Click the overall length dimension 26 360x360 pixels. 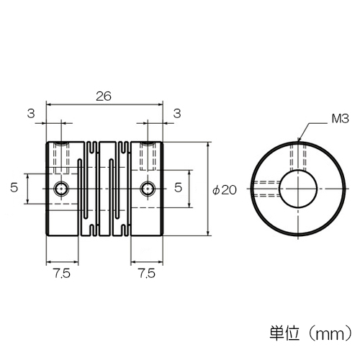(x=104, y=96)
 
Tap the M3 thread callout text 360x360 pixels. (x=340, y=119)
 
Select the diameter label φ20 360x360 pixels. (x=225, y=190)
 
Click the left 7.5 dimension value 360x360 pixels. (x=62, y=274)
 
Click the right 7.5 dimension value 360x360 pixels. (x=147, y=274)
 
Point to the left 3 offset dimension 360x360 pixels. (x=31, y=113)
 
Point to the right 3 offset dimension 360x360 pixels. (x=177, y=113)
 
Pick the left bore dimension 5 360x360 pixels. (x=14, y=187)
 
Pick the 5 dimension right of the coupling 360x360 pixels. (x=178, y=187)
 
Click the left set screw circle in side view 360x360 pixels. (x=62, y=189)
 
